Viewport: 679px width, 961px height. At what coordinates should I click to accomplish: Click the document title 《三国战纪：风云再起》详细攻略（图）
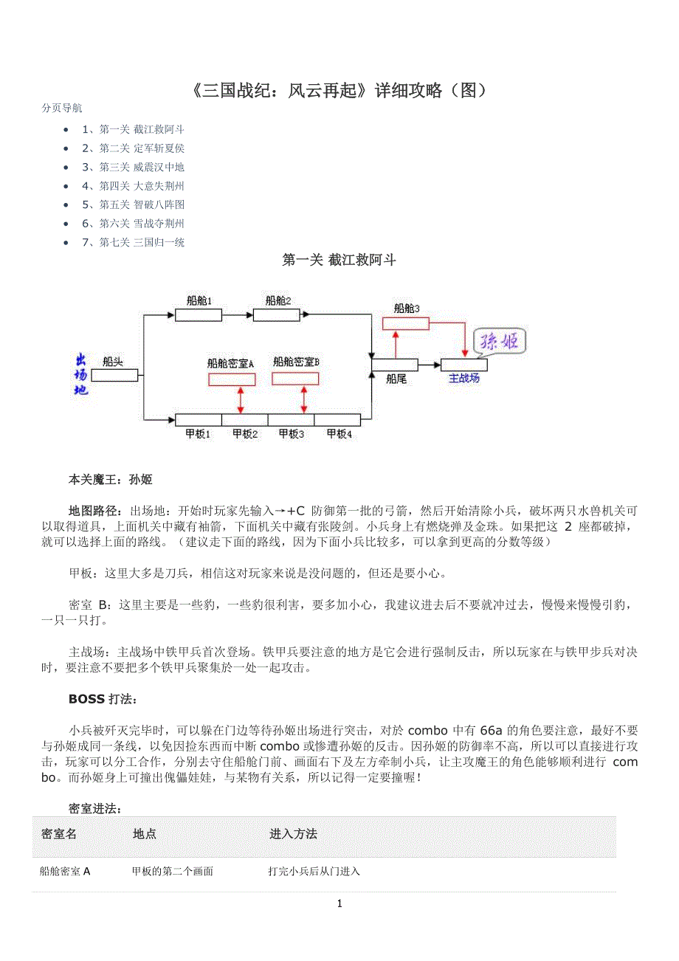tap(339, 91)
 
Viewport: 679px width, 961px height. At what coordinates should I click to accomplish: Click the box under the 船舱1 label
tap(198, 316)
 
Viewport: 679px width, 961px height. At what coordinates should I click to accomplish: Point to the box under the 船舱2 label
tap(276, 316)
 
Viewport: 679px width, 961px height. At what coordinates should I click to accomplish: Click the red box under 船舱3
tap(405, 323)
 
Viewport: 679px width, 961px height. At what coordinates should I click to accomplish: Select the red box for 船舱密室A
tap(232, 379)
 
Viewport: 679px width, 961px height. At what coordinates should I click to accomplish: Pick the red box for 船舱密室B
tap(295, 379)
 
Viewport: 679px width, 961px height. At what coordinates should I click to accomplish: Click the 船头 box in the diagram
tap(114, 375)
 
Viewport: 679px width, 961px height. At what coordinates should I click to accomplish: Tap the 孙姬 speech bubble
tap(500, 341)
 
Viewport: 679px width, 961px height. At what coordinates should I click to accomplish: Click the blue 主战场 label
tap(463, 378)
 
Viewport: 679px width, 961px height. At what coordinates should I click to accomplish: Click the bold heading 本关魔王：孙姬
tap(110, 480)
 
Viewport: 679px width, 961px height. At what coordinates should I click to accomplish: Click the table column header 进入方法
tap(293, 834)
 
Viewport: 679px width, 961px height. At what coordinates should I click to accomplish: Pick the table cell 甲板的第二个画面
tap(173, 872)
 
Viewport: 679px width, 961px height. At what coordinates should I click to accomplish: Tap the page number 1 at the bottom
tap(339, 904)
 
